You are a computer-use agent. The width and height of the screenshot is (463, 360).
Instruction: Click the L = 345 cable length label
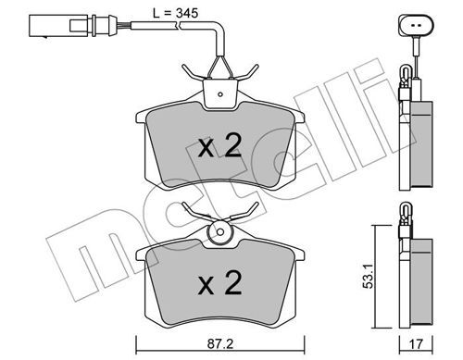point(175,13)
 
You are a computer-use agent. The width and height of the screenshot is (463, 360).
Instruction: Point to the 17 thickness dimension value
point(416,343)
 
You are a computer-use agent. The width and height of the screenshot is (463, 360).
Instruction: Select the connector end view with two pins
point(416,25)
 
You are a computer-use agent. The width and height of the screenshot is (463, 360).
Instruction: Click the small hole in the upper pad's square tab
point(220,94)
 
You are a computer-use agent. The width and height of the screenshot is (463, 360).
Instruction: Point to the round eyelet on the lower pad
point(219,232)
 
